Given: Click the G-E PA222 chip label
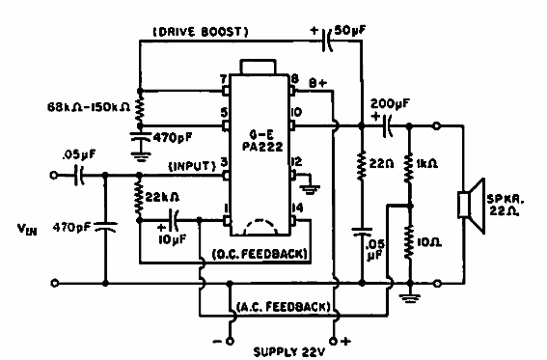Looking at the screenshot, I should pos(258,129).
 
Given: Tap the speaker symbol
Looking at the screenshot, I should pos(472,207).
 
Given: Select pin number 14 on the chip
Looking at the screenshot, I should pos(299,208).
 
